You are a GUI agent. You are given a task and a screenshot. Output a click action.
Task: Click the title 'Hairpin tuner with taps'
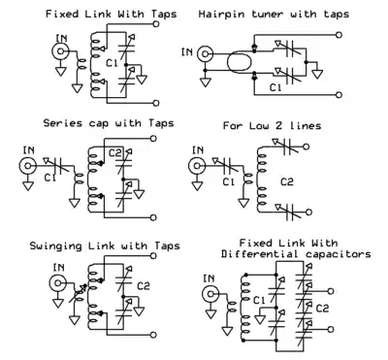(x=274, y=15)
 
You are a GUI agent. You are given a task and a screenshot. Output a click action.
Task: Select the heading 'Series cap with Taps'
(x=109, y=123)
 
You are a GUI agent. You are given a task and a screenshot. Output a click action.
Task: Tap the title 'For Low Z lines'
(x=272, y=125)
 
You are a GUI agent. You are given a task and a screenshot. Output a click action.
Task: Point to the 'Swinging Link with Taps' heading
(x=105, y=245)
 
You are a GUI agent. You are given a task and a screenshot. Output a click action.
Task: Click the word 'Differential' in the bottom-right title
(x=260, y=254)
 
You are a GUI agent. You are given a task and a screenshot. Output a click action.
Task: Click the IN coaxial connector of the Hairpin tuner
(x=205, y=54)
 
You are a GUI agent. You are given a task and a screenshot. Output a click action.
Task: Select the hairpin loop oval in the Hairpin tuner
(x=240, y=62)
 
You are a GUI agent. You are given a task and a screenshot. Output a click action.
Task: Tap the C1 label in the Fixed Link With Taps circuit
(x=112, y=63)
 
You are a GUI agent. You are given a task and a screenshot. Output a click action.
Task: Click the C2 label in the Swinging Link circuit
(x=144, y=286)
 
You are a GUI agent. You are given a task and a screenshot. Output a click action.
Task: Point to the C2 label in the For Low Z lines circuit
(x=286, y=181)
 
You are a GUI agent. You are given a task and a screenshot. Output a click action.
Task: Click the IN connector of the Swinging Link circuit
(x=57, y=283)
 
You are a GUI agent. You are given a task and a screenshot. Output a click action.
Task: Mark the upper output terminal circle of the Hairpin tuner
(x=339, y=35)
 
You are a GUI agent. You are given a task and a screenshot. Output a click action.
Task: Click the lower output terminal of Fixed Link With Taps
(x=156, y=103)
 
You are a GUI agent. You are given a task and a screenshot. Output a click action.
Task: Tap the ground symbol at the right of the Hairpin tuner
(x=317, y=74)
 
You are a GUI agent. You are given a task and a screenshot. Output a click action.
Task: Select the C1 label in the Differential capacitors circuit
(x=259, y=301)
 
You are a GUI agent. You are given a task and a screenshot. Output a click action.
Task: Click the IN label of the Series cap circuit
(x=29, y=150)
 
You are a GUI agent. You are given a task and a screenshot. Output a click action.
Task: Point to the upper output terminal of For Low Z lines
(x=307, y=147)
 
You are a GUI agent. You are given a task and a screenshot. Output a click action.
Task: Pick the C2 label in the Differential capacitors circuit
(x=322, y=308)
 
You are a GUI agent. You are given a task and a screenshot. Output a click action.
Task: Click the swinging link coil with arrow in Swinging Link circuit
(x=78, y=293)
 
